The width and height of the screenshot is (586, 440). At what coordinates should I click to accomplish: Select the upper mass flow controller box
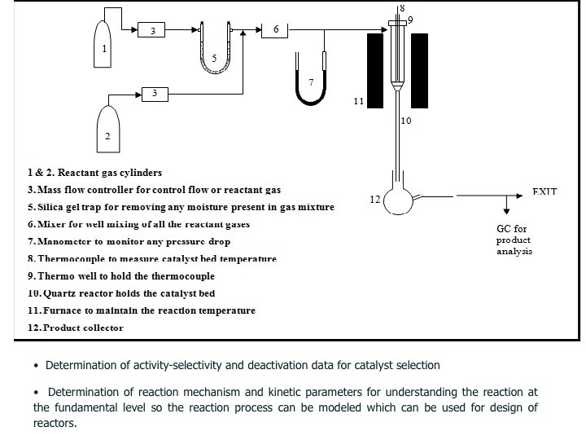point(152,31)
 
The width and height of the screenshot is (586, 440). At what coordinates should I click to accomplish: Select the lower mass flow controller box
point(155,95)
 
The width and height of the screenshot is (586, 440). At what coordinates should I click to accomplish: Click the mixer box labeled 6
point(275,30)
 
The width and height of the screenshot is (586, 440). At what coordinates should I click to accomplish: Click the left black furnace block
point(375,70)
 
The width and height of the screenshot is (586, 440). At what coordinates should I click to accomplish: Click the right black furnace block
point(419,70)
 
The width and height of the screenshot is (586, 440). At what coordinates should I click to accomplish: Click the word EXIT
point(544,191)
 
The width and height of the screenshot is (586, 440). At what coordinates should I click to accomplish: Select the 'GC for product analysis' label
point(514,240)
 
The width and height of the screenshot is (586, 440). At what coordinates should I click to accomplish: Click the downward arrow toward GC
point(508,207)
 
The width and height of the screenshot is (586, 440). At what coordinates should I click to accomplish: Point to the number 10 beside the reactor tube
point(406,121)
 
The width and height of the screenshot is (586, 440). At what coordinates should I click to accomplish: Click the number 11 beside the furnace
point(358,102)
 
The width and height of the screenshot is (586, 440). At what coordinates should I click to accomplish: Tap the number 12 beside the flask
point(375,199)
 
